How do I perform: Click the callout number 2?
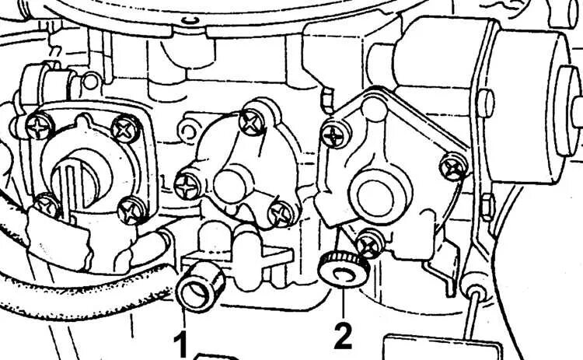pyautogui.click(x=343, y=335)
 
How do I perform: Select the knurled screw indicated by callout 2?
pyautogui.click(x=341, y=271)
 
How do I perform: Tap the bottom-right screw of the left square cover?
pyautogui.click(x=133, y=208)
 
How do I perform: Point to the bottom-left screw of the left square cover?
pyautogui.click(x=47, y=204)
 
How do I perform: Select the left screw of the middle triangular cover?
pyautogui.click(x=188, y=183)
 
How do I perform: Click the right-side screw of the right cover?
pyautogui.click(x=452, y=165)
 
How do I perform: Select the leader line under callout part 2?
pyautogui.click(x=342, y=299)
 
